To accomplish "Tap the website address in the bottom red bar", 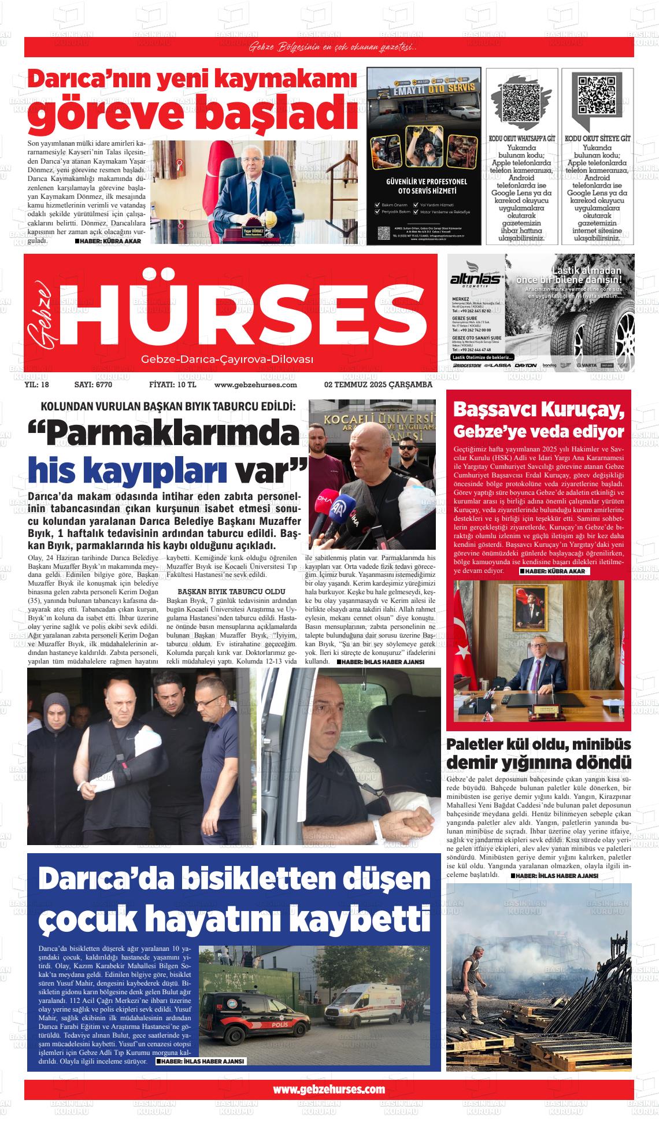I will [328, 1089].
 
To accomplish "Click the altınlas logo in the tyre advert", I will [477, 279].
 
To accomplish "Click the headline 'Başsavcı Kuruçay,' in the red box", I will [539, 409].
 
